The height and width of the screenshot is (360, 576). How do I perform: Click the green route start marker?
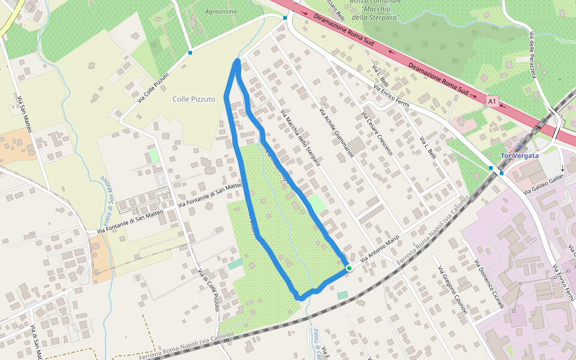(349, 268)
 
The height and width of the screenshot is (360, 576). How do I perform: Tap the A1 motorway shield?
(493, 102)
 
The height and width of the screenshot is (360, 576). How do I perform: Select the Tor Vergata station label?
(520, 155)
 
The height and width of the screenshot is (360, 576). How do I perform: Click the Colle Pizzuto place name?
(193, 99)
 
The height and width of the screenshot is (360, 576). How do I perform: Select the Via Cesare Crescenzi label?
(377, 133)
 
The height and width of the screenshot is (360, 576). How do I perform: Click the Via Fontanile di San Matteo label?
(210, 196)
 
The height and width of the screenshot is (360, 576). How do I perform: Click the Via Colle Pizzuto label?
(153, 87)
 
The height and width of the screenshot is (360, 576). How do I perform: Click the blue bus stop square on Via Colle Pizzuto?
(190, 53)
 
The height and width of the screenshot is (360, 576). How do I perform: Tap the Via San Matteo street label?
(24, 114)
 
